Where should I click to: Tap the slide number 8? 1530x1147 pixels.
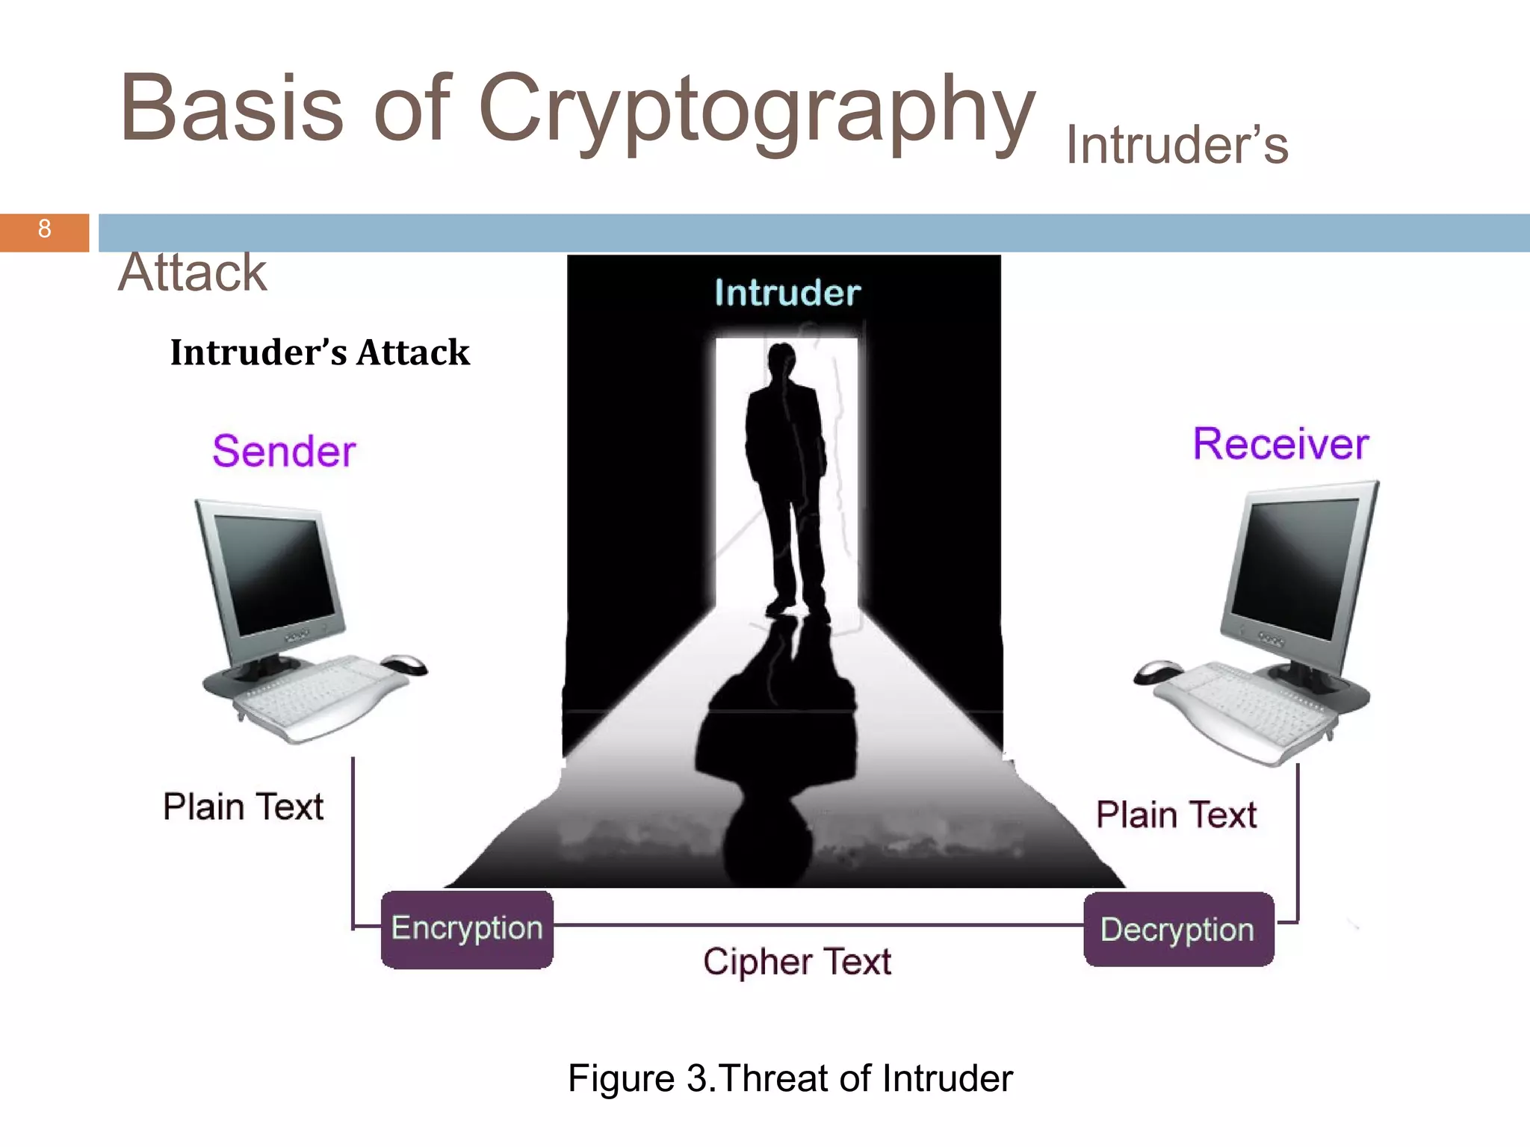coord(44,229)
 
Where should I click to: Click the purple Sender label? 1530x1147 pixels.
coord(284,451)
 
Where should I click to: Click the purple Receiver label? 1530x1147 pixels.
coord(1280,444)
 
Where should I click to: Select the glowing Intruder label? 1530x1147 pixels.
coord(787,293)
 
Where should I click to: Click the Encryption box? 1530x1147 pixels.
coord(467,929)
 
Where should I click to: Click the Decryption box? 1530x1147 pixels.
coord(1178,930)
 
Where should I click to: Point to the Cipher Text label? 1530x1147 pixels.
coord(796,961)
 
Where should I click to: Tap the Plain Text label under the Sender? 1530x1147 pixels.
coord(244,806)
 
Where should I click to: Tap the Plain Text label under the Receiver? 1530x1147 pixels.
coord(1176,814)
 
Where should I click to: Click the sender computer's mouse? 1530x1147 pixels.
coord(404,664)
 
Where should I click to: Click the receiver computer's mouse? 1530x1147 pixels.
coord(1157,671)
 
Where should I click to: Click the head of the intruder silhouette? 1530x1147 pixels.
coord(781,358)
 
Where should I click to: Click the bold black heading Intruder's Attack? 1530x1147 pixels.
coord(320,352)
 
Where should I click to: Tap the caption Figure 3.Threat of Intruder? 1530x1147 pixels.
coord(790,1078)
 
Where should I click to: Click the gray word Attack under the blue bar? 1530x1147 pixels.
coord(192,273)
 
